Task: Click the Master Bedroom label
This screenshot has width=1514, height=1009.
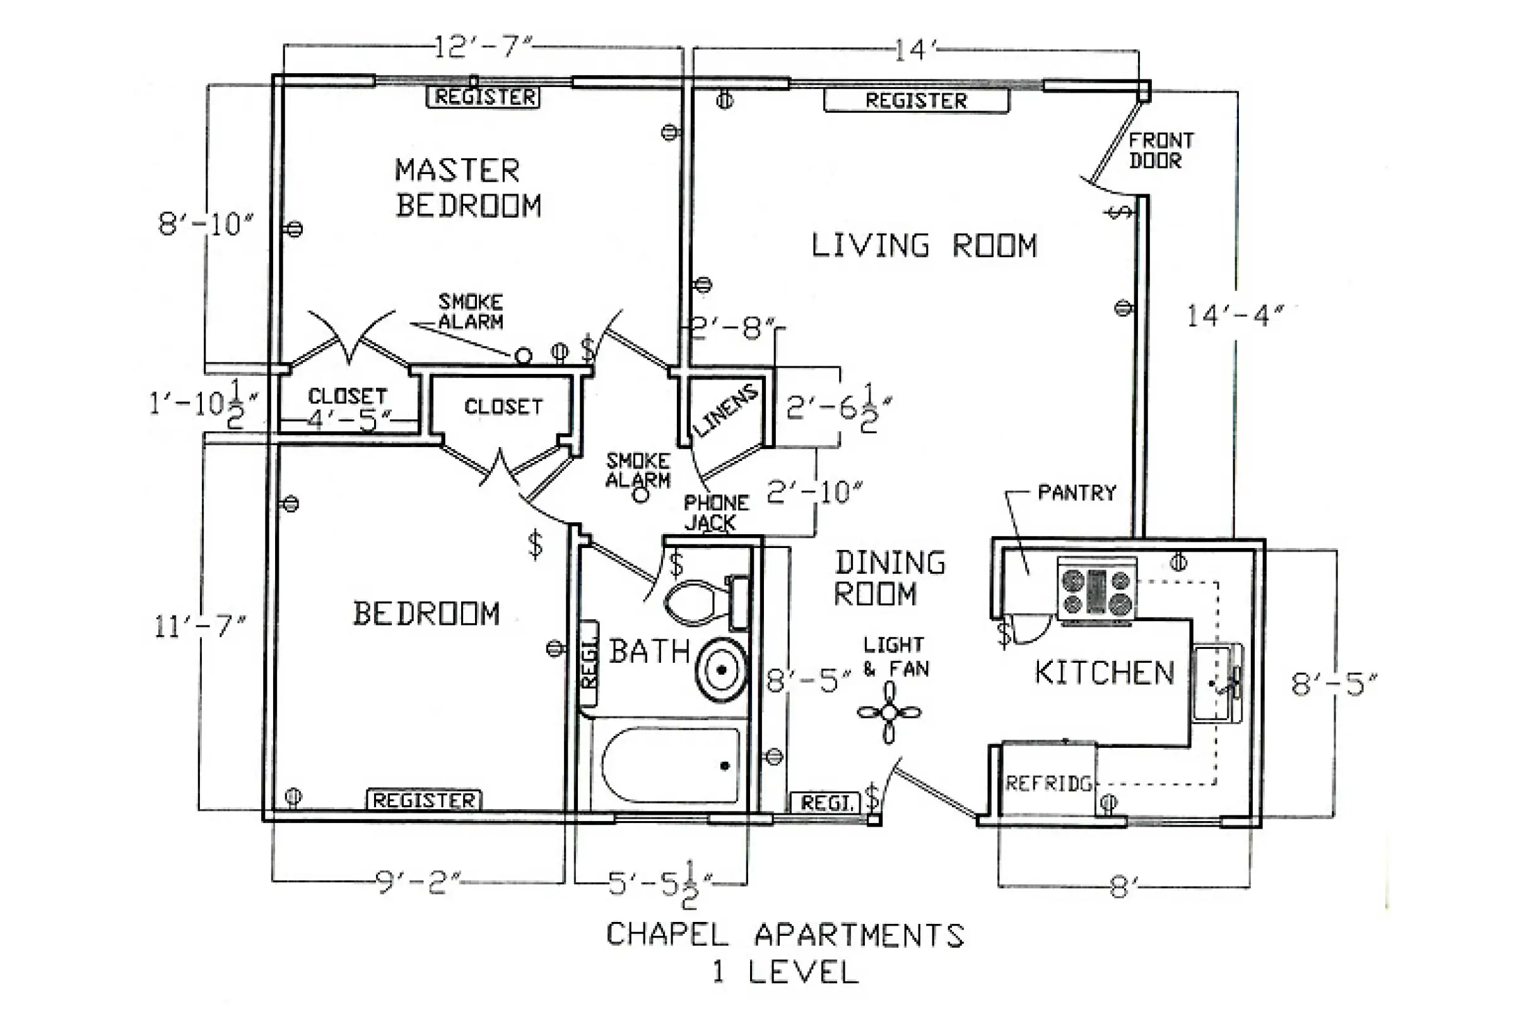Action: [x=468, y=188]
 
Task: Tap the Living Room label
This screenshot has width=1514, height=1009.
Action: [x=924, y=246]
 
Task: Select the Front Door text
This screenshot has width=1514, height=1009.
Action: [x=1161, y=151]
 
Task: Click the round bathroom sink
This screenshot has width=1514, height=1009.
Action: [x=721, y=670]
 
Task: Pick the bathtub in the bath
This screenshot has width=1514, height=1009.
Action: [x=670, y=765]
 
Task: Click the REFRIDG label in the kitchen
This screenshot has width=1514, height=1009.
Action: [x=1048, y=783]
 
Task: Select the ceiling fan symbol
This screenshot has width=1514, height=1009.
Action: [x=889, y=713]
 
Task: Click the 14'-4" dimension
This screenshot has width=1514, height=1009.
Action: [x=1235, y=316]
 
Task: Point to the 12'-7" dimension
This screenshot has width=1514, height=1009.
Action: [x=483, y=47]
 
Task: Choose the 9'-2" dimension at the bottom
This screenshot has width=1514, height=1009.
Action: [x=418, y=882]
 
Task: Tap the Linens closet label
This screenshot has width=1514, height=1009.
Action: [x=725, y=410]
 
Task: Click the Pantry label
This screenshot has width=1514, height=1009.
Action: [x=1077, y=493]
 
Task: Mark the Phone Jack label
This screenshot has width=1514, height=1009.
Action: [x=716, y=512]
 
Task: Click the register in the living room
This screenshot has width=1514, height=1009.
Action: [x=917, y=100]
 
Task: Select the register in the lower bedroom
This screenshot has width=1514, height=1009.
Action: [x=424, y=800]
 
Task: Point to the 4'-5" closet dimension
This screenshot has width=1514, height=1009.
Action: [x=348, y=420]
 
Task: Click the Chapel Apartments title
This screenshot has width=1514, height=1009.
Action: [x=785, y=935]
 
